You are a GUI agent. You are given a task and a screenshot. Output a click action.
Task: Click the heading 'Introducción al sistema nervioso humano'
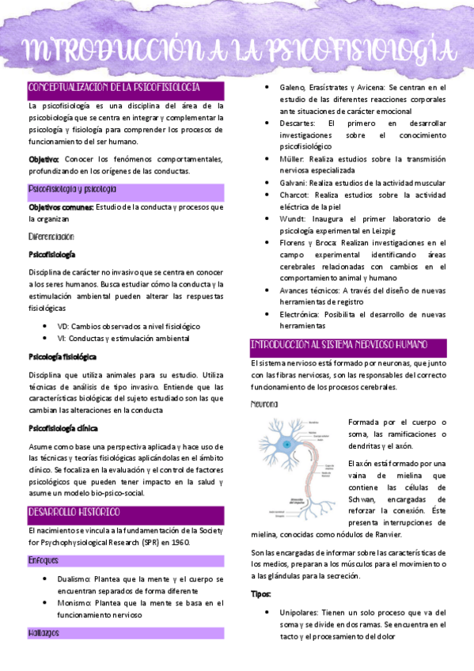pyautogui.click(x=339, y=345)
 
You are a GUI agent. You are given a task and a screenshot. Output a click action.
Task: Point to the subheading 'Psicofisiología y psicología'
pyautogui.click(x=72, y=190)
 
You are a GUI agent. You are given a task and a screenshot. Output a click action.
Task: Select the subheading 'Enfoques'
pyautogui.click(x=43, y=560)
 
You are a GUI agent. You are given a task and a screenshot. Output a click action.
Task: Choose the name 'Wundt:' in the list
pyautogui.click(x=294, y=218)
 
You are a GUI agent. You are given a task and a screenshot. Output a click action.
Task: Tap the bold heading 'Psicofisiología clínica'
pyautogui.click(x=63, y=428)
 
